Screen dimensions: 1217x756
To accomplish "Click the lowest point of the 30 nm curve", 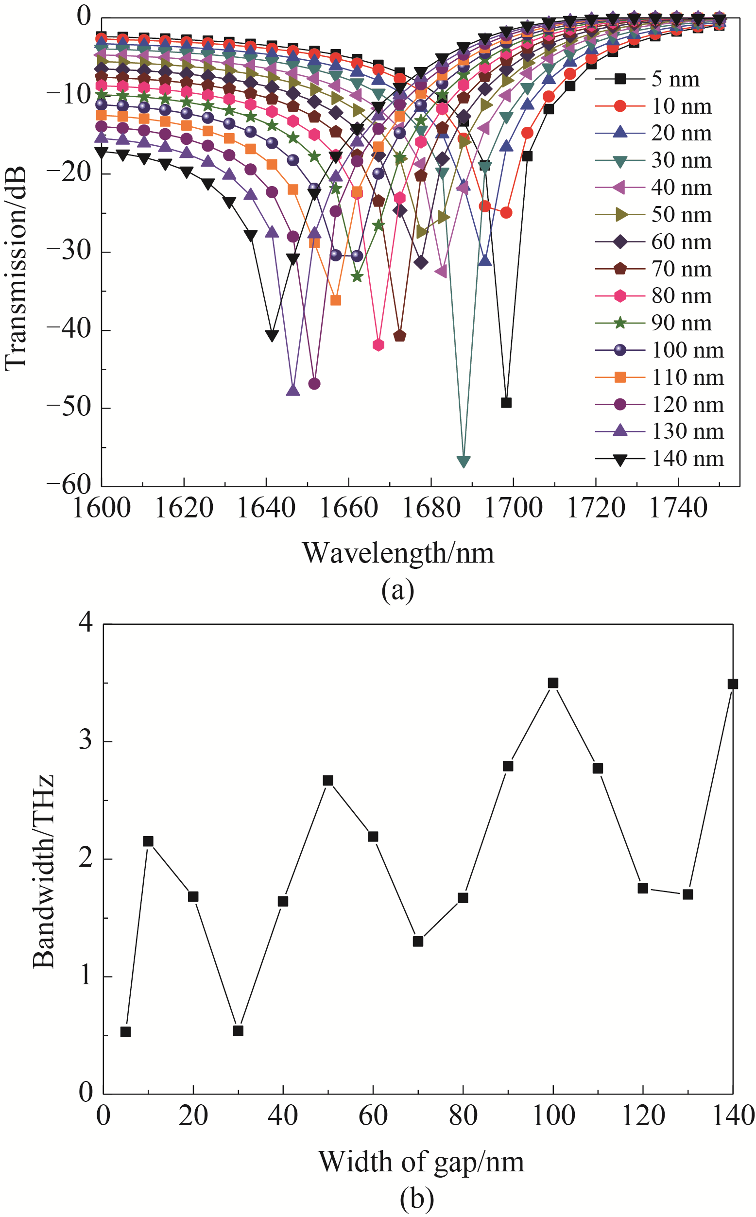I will tap(464, 461).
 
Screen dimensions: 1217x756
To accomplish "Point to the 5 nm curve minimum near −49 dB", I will tap(506, 402).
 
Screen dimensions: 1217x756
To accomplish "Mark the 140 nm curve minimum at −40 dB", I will tap(272, 336).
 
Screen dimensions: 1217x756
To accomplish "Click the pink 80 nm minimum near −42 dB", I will tap(378, 344).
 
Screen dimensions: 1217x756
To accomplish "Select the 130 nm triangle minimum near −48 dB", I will tap(293, 390).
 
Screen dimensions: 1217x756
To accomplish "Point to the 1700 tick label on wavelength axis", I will tap(513, 509).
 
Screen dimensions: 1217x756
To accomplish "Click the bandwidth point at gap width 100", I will tap(553, 683).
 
